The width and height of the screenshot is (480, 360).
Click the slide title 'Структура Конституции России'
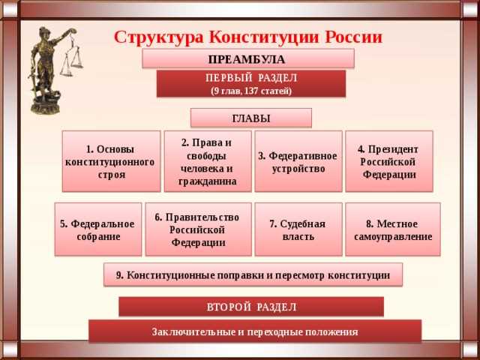[x=248, y=37]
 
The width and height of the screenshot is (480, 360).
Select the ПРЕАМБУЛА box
[x=247, y=58]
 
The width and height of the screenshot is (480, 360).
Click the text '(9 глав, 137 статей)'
[x=250, y=91]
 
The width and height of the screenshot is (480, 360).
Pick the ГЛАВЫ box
[x=250, y=118]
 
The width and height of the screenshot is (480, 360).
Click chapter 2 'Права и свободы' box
[x=207, y=161]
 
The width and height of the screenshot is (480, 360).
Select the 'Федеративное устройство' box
[x=298, y=161]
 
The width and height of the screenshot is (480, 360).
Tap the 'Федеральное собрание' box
[x=98, y=230]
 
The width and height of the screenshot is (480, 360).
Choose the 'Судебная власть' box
[x=298, y=230]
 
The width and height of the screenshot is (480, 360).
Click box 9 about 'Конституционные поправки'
[x=253, y=275]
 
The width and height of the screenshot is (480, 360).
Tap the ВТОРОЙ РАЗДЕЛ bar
[x=251, y=307]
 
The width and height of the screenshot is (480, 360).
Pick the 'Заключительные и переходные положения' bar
[x=255, y=331]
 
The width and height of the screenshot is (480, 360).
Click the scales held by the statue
[x=71, y=60]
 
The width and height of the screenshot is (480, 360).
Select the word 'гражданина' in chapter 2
[x=207, y=181]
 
